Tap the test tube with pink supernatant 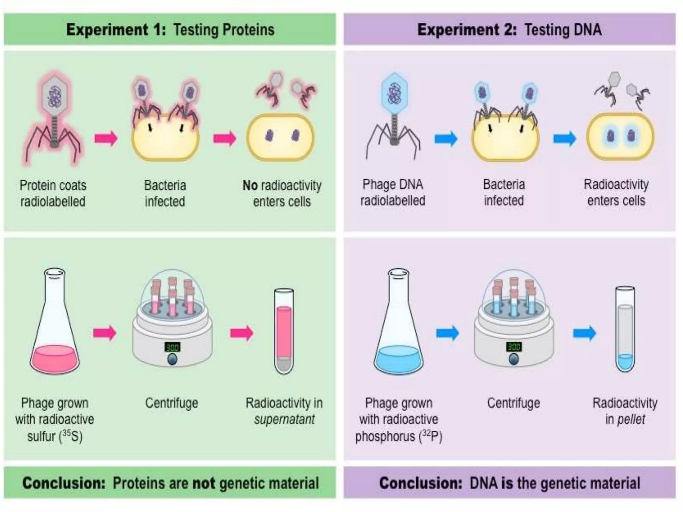click(x=284, y=332)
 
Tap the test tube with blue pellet click(x=625, y=330)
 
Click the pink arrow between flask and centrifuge click(x=105, y=333)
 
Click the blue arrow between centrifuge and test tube click(x=584, y=333)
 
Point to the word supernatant click(x=284, y=419)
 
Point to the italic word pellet click(x=631, y=419)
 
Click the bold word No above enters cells click(x=250, y=185)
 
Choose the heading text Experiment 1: click(x=116, y=30)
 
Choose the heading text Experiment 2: click(x=467, y=30)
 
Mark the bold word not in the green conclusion click(x=204, y=483)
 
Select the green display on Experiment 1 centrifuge click(x=172, y=347)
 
